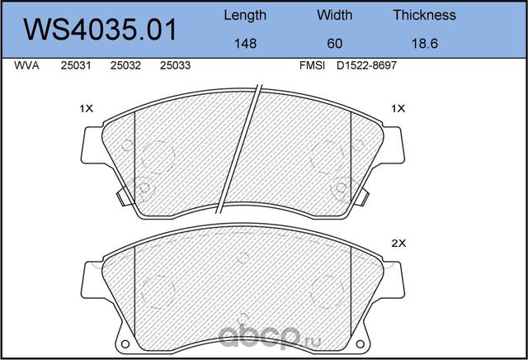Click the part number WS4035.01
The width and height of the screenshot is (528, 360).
(100, 30)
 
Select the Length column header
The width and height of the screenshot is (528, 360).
(245, 15)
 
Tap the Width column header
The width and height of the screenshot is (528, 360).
(334, 15)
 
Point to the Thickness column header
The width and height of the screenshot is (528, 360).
(424, 15)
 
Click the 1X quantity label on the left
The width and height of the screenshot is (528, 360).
(87, 108)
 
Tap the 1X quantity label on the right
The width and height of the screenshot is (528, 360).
(398, 108)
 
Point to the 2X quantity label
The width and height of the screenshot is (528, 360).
(398, 244)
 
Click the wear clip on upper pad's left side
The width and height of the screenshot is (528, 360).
(122, 198)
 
